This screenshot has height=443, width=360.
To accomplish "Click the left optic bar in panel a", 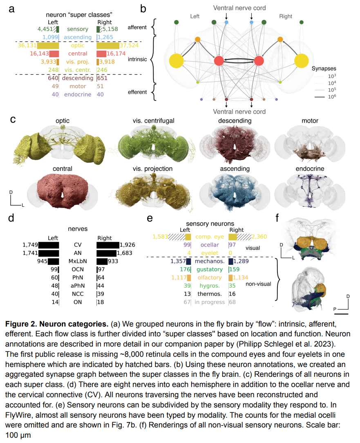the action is click(x=48, y=45).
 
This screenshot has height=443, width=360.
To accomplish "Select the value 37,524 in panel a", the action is click(x=129, y=45).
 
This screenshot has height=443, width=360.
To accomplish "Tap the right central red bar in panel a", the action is click(x=101, y=54).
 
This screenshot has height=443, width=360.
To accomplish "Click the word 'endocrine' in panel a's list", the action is click(x=78, y=94).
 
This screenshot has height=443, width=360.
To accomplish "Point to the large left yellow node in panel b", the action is click(x=177, y=61).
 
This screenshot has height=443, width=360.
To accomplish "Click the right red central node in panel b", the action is click(x=259, y=61).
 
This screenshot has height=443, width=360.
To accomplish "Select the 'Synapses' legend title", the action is click(x=324, y=68).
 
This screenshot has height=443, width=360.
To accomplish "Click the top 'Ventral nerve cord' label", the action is click(x=239, y=8).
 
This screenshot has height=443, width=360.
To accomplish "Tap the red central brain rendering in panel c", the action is click(x=63, y=190).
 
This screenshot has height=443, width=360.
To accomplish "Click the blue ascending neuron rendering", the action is click(x=235, y=192).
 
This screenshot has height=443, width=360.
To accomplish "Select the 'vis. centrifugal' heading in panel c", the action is click(x=153, y=121).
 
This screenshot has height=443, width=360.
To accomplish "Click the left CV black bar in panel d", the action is click(x=49, y=245).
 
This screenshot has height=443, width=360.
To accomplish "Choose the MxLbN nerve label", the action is click(x=78, y=261).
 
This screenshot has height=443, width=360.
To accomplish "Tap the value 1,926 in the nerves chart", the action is click(x=127, y=245).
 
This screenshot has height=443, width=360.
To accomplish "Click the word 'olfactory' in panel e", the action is click(x=210, y=278).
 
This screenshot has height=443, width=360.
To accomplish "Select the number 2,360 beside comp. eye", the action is click(x=259, y=237).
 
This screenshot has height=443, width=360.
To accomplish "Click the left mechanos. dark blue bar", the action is click(x=188, y=261).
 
